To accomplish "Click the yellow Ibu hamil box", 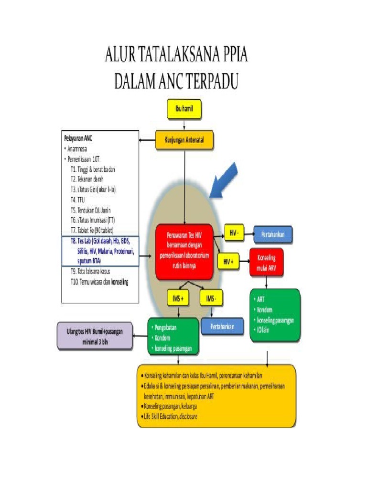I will click(x=184, y=109).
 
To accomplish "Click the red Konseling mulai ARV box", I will click(x=266, y=262).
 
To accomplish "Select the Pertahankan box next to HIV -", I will click(x=272, y=234).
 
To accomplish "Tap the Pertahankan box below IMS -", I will click(x=222, y=326).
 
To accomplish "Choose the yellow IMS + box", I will click(x=178, y=298).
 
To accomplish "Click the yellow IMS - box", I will click(x=211, y=298).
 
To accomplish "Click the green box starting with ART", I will click(x=275, y=315).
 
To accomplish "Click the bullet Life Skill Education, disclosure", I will click(x=170, y=417).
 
